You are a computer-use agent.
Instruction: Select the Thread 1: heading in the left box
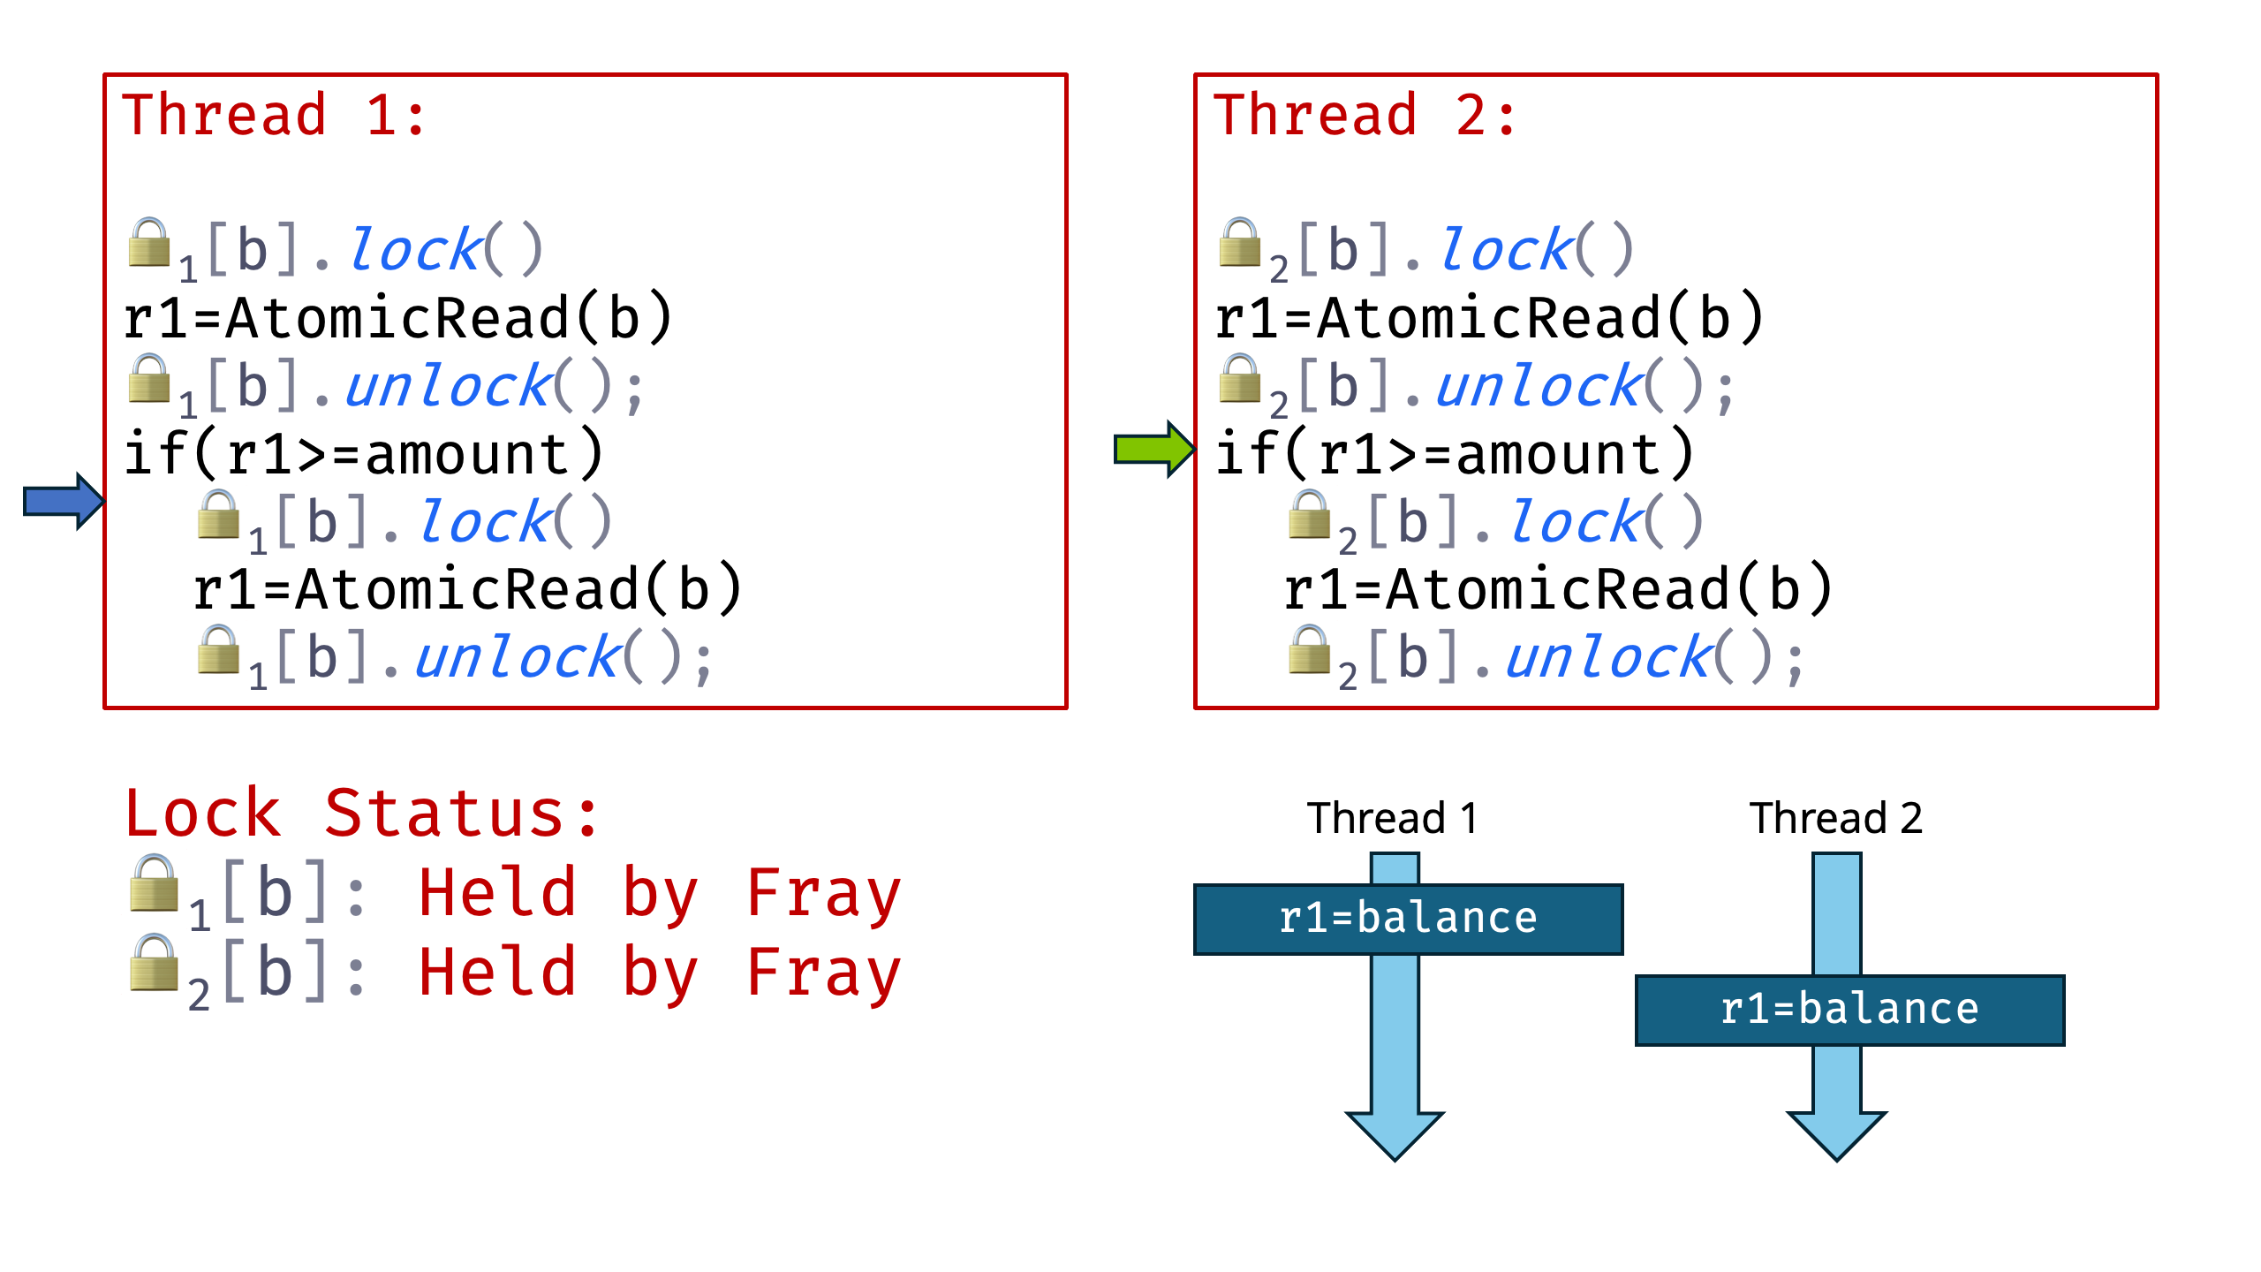pyautogui.click(x=275, y=116)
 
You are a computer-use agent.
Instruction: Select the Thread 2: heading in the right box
pyautogui.click(x=1365, y=116)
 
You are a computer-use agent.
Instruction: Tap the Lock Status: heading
pyautogui.click(x=362, y=814)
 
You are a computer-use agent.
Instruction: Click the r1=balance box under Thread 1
pyautogui.click(x=1408, y=919)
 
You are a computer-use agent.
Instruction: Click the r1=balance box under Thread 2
pyautogui.click(x=1849, y=1010)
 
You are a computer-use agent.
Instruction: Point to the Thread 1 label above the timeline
pyautogui.click(x=1393, y=818)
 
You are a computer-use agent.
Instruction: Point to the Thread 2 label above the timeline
pyautogui.click(x=1835, y=818)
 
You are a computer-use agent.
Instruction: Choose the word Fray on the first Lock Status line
pyautogui.click(x=823, y=894)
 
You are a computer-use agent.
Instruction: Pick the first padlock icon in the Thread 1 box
pyautogui.click(x=149, y=243)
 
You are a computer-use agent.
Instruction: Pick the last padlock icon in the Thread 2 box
pyautogui.click(x=1310, y=651)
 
